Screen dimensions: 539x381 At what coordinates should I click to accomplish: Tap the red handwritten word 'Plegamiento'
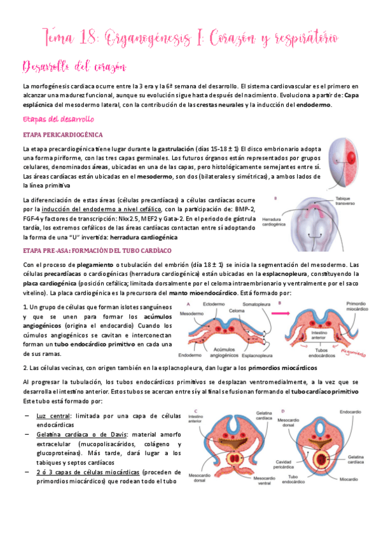point(357,350)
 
